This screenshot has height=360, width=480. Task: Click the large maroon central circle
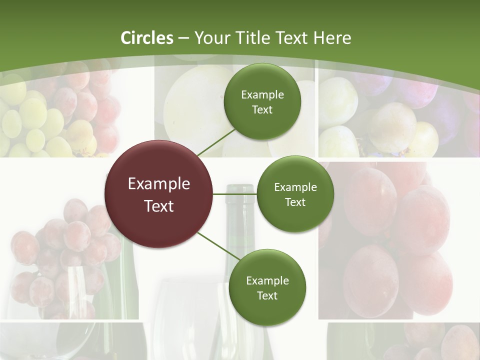tap(159, 194)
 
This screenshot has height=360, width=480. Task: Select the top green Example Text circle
tap(262, 102)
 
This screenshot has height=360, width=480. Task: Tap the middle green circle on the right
tap(295, 194)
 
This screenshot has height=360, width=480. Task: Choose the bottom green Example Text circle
tap(267, 287)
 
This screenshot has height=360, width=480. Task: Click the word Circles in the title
tap(147, 38)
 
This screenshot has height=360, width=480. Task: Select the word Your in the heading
tap(211, 38)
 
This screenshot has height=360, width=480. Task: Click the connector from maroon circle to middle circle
tap(235, 194)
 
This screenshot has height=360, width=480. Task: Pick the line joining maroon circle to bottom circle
tap(219, 246)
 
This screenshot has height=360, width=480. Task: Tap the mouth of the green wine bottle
tap(240, 189)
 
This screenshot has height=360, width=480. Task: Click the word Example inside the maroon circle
tap(159, 184)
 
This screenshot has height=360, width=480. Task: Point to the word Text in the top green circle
tap(262, 110)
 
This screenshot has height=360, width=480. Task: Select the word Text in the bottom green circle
tap(267, 295)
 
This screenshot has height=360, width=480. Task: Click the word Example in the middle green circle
tap(295, 187)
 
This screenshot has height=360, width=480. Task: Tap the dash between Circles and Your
tap(183, 38)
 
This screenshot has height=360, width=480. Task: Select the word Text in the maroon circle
tap(159, 206)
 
